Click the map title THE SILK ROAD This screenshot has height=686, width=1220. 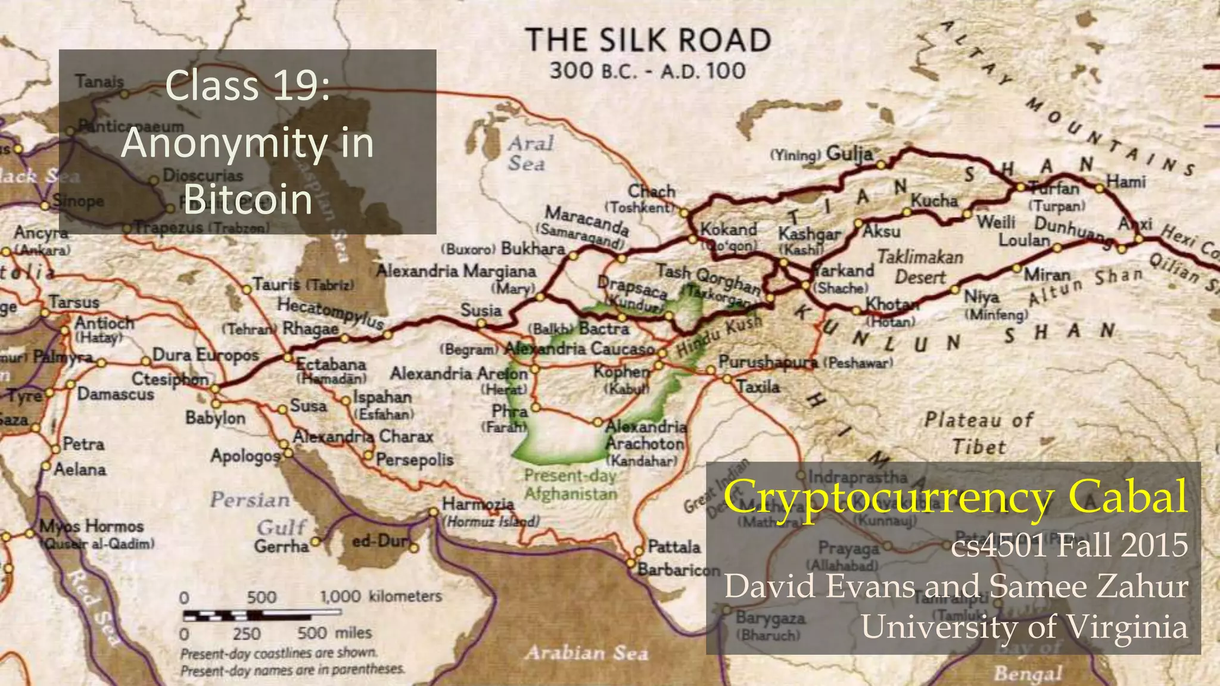pos(648,41)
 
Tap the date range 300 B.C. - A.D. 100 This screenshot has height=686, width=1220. pos(648,71)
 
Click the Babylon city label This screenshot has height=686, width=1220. pos(215,418)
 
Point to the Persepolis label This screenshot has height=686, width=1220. pos(415,460)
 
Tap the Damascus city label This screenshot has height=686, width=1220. pos(116,394)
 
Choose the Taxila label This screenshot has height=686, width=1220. pos(758,387)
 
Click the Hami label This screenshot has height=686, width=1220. pos(1125,181)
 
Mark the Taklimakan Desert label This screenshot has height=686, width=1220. pos(920,267)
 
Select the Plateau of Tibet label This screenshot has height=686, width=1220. pos(978,433)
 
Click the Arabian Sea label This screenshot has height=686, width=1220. pos(586,653)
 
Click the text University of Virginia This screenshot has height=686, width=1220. pos(1024,627)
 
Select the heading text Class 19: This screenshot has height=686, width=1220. pos(247,86)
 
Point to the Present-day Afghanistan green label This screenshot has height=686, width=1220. pos(570,485)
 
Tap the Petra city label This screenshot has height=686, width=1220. pos(83,444)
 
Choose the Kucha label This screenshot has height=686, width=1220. pos(934,201)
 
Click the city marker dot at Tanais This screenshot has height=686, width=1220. pos(125,93)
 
